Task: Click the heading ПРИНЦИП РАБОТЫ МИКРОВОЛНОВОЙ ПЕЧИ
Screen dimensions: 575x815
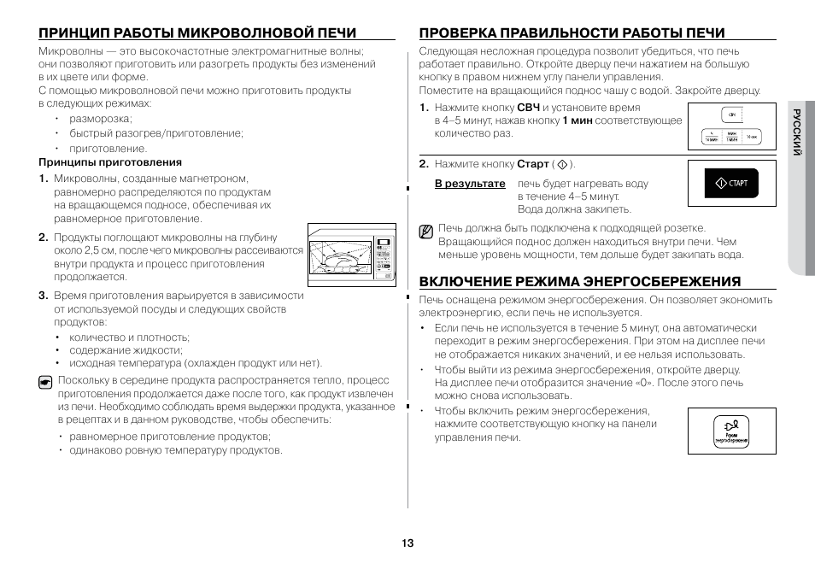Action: click(197, 33)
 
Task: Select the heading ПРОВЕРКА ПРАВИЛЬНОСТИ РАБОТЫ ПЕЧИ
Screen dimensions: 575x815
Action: click(572, 33)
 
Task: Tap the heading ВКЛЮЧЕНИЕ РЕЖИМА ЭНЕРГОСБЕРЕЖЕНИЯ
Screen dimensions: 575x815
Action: click(579, 281)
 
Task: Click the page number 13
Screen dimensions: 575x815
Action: click(407, 543)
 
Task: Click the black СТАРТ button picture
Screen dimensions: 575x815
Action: click(730, 184)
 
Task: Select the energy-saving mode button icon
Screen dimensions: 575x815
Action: click(730, 431)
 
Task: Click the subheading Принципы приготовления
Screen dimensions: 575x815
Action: click(110, 161)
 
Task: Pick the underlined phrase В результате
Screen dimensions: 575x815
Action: click(470, 184)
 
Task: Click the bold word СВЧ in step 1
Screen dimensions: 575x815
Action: click(528, 108)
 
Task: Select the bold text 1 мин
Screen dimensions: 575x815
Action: click(577, 120)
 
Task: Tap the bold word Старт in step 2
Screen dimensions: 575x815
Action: click(532, 164)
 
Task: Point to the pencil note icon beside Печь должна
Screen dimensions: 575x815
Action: click(425, 231)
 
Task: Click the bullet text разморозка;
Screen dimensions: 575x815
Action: click(101, 119)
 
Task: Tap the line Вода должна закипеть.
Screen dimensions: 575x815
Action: click(574, 209)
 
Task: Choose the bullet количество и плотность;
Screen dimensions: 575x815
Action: click(129, 337)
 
